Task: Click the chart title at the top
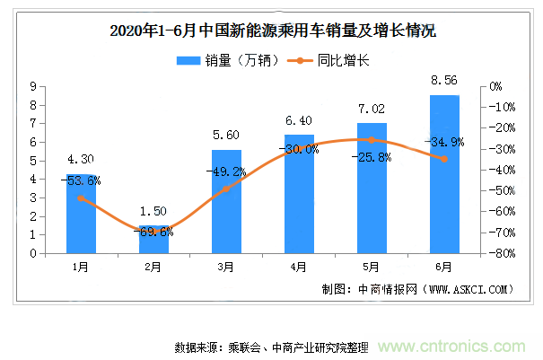coord(271,31)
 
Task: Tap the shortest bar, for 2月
coord(153,240)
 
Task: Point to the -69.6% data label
coord(153,232)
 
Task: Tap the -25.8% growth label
coord(372,157)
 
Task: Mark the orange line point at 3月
coord(226,189)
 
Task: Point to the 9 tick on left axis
coord(32,86)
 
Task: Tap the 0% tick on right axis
coord(493,86)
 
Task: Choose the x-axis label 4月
coord(299,267)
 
